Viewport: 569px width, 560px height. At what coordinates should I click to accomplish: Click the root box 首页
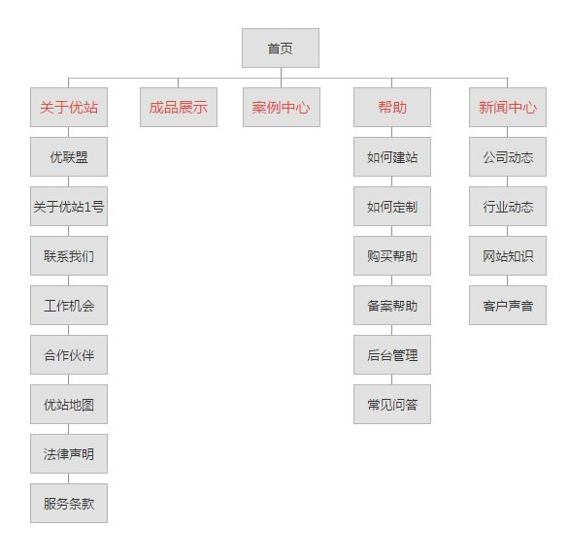(281, 49)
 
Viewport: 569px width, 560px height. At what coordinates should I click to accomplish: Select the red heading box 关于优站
(69, 108)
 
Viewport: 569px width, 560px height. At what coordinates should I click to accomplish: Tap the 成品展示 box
(179, 108)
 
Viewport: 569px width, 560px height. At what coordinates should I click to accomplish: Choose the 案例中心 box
(282, 108)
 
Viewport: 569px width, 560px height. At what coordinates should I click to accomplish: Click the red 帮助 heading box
(392, 108)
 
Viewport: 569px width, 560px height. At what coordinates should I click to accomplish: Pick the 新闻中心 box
(508, 108)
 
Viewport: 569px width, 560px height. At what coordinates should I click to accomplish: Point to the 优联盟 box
(69, 156)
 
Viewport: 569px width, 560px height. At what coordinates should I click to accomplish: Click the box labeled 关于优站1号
(69, 207)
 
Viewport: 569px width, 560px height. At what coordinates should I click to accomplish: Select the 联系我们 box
(69, 255)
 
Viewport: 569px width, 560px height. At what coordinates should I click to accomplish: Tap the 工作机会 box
(69, 306)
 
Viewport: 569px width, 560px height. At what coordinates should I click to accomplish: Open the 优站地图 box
(69, 405)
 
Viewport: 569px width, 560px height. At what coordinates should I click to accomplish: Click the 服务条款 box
(69, 503)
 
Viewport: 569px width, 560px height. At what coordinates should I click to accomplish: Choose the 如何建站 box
(392, 156)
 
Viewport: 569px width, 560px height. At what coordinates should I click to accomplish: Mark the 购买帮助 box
(392, 255)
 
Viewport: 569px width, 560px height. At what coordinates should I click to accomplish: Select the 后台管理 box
(392, 354)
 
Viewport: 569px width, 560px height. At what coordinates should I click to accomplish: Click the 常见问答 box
(392, 405)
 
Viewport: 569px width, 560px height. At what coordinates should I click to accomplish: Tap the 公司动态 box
(508, 156)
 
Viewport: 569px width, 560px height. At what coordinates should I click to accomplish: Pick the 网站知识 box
(508, 255)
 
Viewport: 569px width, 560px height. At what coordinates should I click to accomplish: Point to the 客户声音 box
(508, 306)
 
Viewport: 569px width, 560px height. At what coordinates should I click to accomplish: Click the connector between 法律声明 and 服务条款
(69, 478)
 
